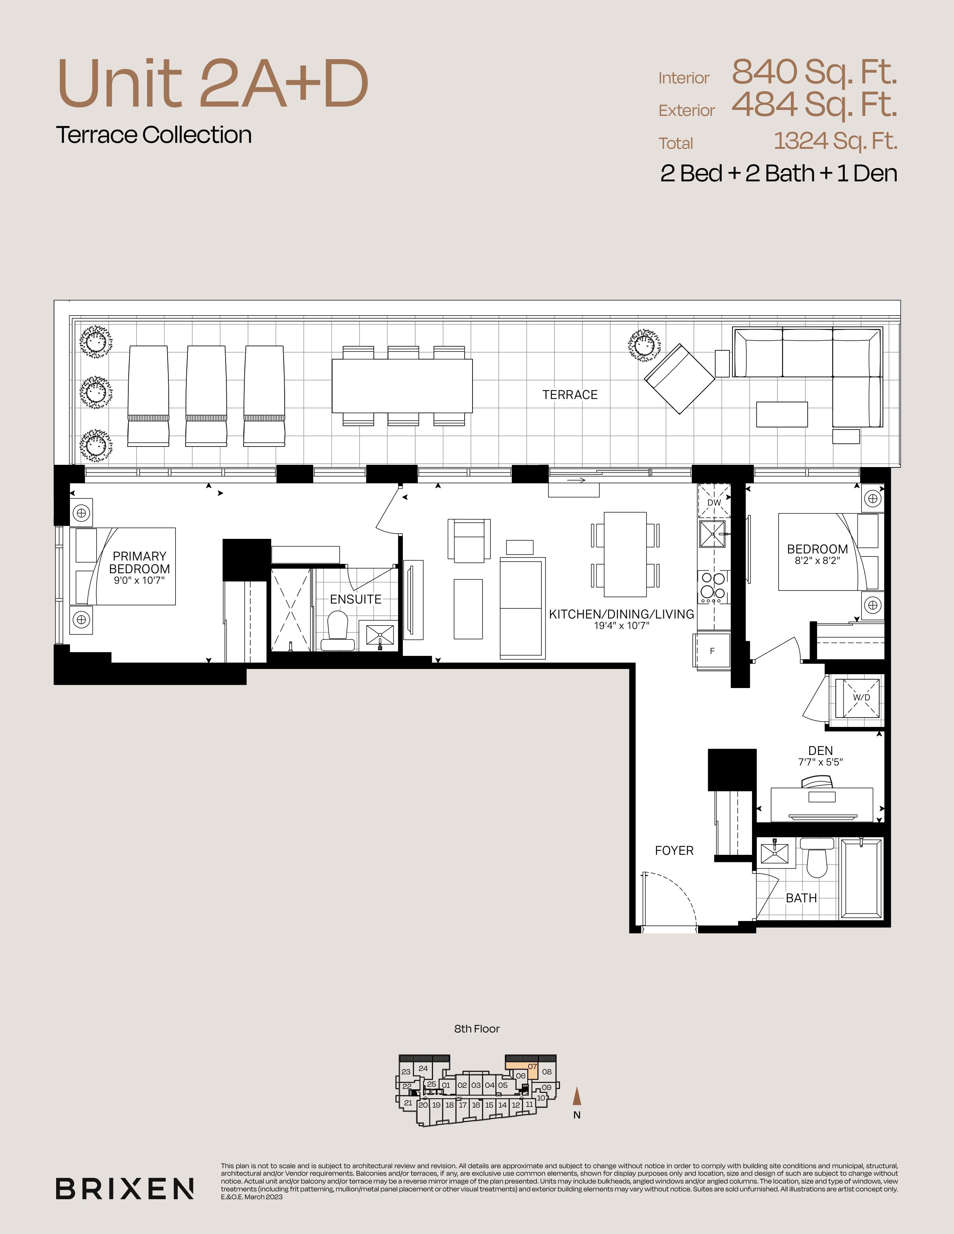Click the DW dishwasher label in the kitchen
[x=714, y=502]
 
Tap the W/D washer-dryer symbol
[x=861, y=698]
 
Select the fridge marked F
[x=712, y=651]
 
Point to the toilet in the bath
[x=817, y=857]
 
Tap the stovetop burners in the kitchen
[x=713, y=586]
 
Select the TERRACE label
[x=570, y=395]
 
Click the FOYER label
[x=674, y=850]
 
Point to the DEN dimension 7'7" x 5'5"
[x=820, y=762]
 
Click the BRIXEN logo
[x=125, y=1189]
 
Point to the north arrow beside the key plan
[x=577, y=1096]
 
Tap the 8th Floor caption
[x=477, y=1029]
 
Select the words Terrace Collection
[x=154, y=135]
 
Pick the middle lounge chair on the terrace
[x=206, y=396]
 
